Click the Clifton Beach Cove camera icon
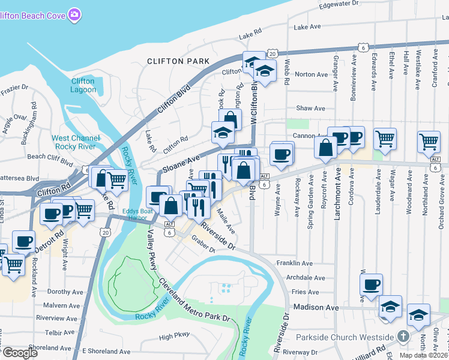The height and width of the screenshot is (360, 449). tap(74, 13)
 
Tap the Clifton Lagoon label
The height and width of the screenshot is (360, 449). tap(83, 85)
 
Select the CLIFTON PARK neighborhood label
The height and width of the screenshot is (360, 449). tap(178, 61)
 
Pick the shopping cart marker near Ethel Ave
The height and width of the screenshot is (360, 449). tap(385, 138)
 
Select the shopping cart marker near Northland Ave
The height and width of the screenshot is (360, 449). tap(429, 142)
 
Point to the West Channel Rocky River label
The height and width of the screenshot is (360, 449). tap(76, 142)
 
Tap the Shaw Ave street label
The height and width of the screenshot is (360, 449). tap(310, 109)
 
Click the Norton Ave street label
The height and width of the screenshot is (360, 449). tap(312, 74)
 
